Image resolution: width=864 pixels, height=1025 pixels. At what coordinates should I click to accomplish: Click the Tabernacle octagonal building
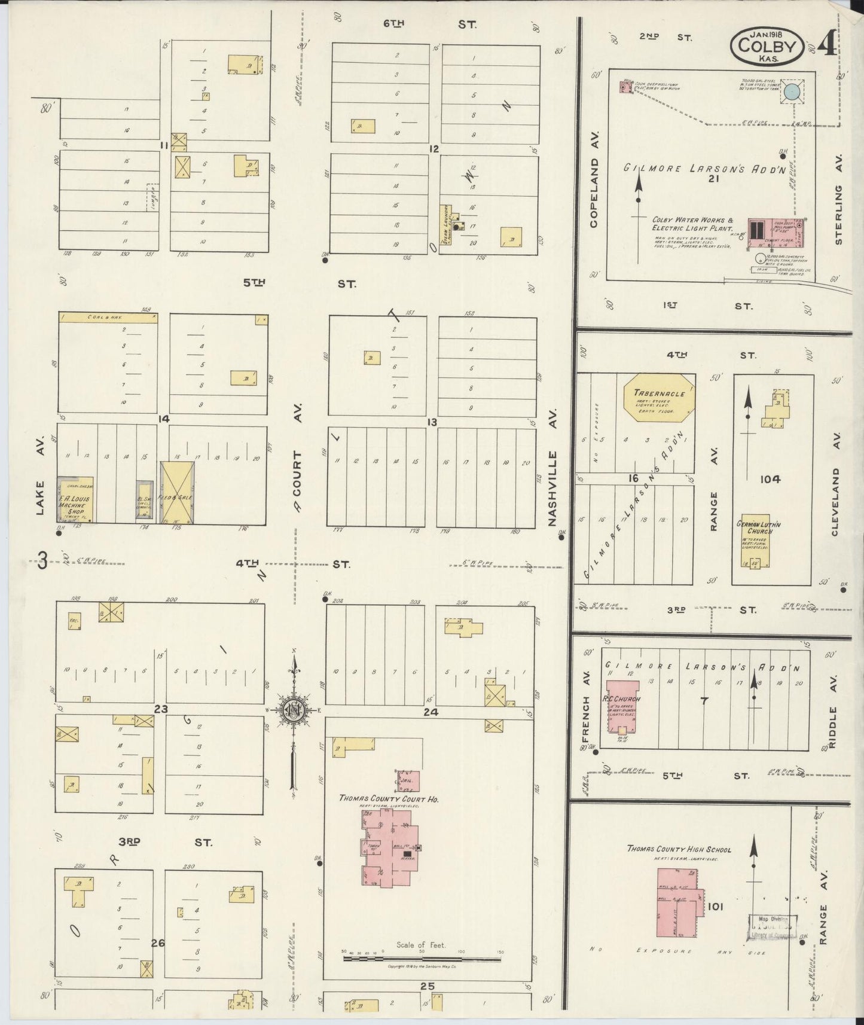click(x=660, y=397)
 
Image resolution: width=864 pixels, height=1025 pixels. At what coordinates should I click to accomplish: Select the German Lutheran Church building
click(x=755, y=540)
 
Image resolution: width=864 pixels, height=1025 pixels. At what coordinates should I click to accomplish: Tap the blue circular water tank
click(x=792, y=91)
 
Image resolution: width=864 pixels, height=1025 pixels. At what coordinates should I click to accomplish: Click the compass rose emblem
click(x=294, y=710)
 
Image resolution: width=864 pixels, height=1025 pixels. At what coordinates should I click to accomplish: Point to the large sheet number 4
click(x=828, y=43)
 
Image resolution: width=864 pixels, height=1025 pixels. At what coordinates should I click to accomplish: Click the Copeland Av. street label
click(x=594, y=192)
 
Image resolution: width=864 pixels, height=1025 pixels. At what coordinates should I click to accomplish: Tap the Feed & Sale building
click(x=178, y=492)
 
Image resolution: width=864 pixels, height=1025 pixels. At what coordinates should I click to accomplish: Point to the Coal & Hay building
click(x=108, y=318)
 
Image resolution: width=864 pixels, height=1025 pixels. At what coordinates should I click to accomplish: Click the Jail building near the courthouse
click(x=408, y=781)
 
